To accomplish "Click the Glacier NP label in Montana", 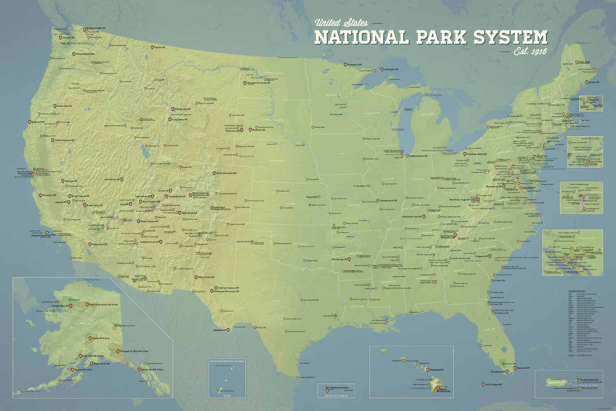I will coord(160,48).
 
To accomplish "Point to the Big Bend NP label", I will coord(220,330).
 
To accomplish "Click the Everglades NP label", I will coord(497,372).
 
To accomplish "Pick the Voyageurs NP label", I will coord(354,65).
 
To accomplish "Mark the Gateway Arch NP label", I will coord(388,201).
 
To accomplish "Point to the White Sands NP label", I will coord(207,277).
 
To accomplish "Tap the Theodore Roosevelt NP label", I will coord(258,83).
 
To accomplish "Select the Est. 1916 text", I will coord(531,52).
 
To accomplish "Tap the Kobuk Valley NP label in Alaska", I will coord(60,306).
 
